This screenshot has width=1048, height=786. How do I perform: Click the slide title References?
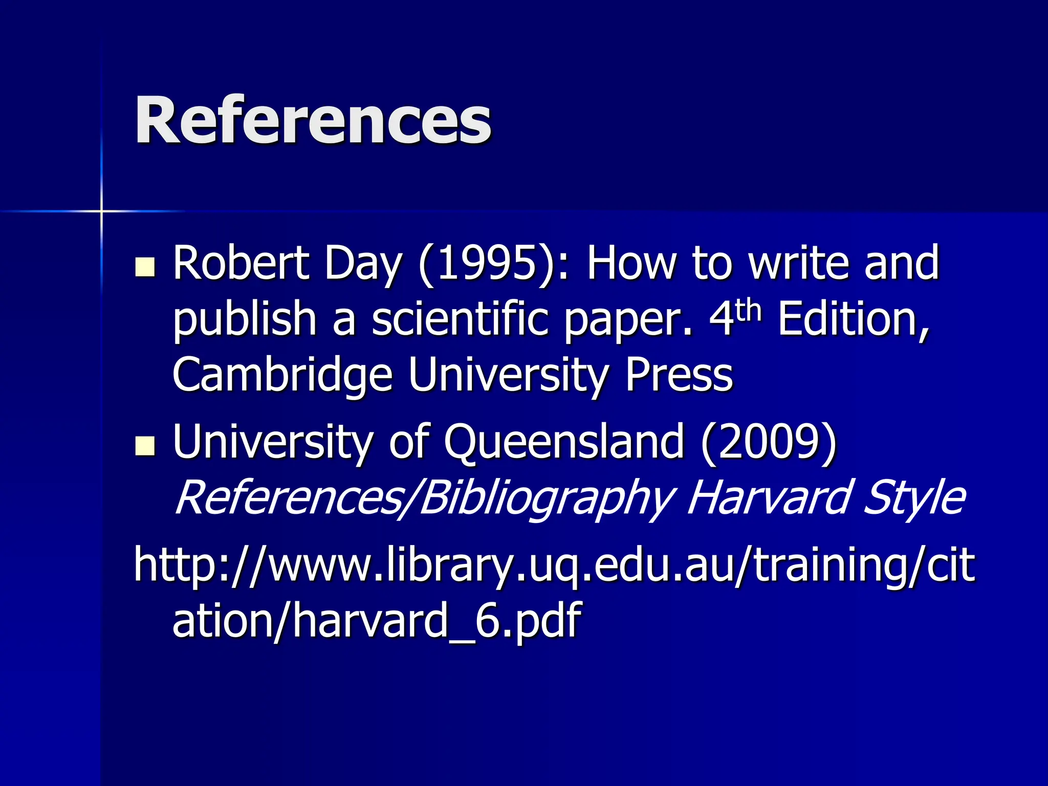tap(313, 120)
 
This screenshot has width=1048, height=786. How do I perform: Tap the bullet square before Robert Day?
tap(145, 267)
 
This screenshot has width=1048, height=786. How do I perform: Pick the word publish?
tap(245, 320)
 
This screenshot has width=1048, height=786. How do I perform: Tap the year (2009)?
tap(769, 442)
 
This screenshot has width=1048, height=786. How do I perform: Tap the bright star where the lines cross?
tap(101, 211)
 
